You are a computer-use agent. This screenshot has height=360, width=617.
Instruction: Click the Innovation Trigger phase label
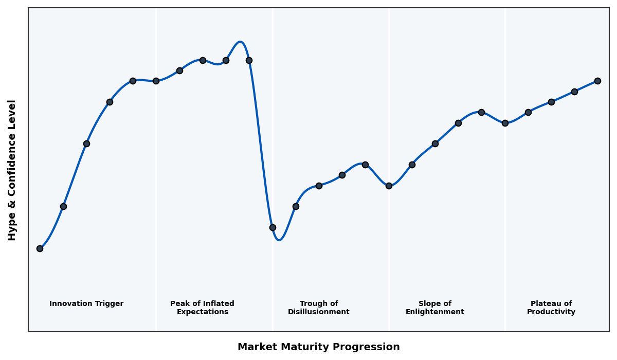tap(86, 304)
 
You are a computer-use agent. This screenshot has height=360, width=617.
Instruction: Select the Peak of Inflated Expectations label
tap(202, 308)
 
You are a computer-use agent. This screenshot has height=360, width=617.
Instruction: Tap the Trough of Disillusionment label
tap(318, 308)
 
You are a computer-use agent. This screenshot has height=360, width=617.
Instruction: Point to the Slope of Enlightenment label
tap(434, 308)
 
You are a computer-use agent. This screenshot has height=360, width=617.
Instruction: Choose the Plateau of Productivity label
tap(551, 308)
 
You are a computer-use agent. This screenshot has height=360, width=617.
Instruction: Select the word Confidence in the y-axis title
tap(12, 170)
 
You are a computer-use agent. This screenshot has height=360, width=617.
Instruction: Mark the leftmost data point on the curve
tap(40, 248)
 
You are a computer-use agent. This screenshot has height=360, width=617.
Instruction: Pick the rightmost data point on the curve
tap(597, 81)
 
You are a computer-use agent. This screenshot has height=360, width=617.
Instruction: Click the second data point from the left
tap(63, 206)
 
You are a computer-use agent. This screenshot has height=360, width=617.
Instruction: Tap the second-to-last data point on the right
tap(574, 92)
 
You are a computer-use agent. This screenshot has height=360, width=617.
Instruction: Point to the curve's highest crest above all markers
tap(240, 42)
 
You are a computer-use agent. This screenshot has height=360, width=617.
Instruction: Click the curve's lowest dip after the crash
tap(279, 240)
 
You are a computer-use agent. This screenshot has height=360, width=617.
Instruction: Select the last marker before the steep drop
tap(249, 60)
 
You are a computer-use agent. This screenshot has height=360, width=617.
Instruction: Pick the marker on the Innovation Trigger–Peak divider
tap(156, 81)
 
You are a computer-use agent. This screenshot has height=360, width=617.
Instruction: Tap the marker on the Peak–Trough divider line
tap(273, 227)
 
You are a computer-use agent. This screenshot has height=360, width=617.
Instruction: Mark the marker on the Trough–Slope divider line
tap(389, 186)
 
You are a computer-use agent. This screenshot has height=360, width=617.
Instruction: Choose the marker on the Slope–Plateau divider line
tap(505, 123)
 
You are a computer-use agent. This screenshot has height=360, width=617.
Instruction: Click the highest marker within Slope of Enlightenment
tap(481, 112)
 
